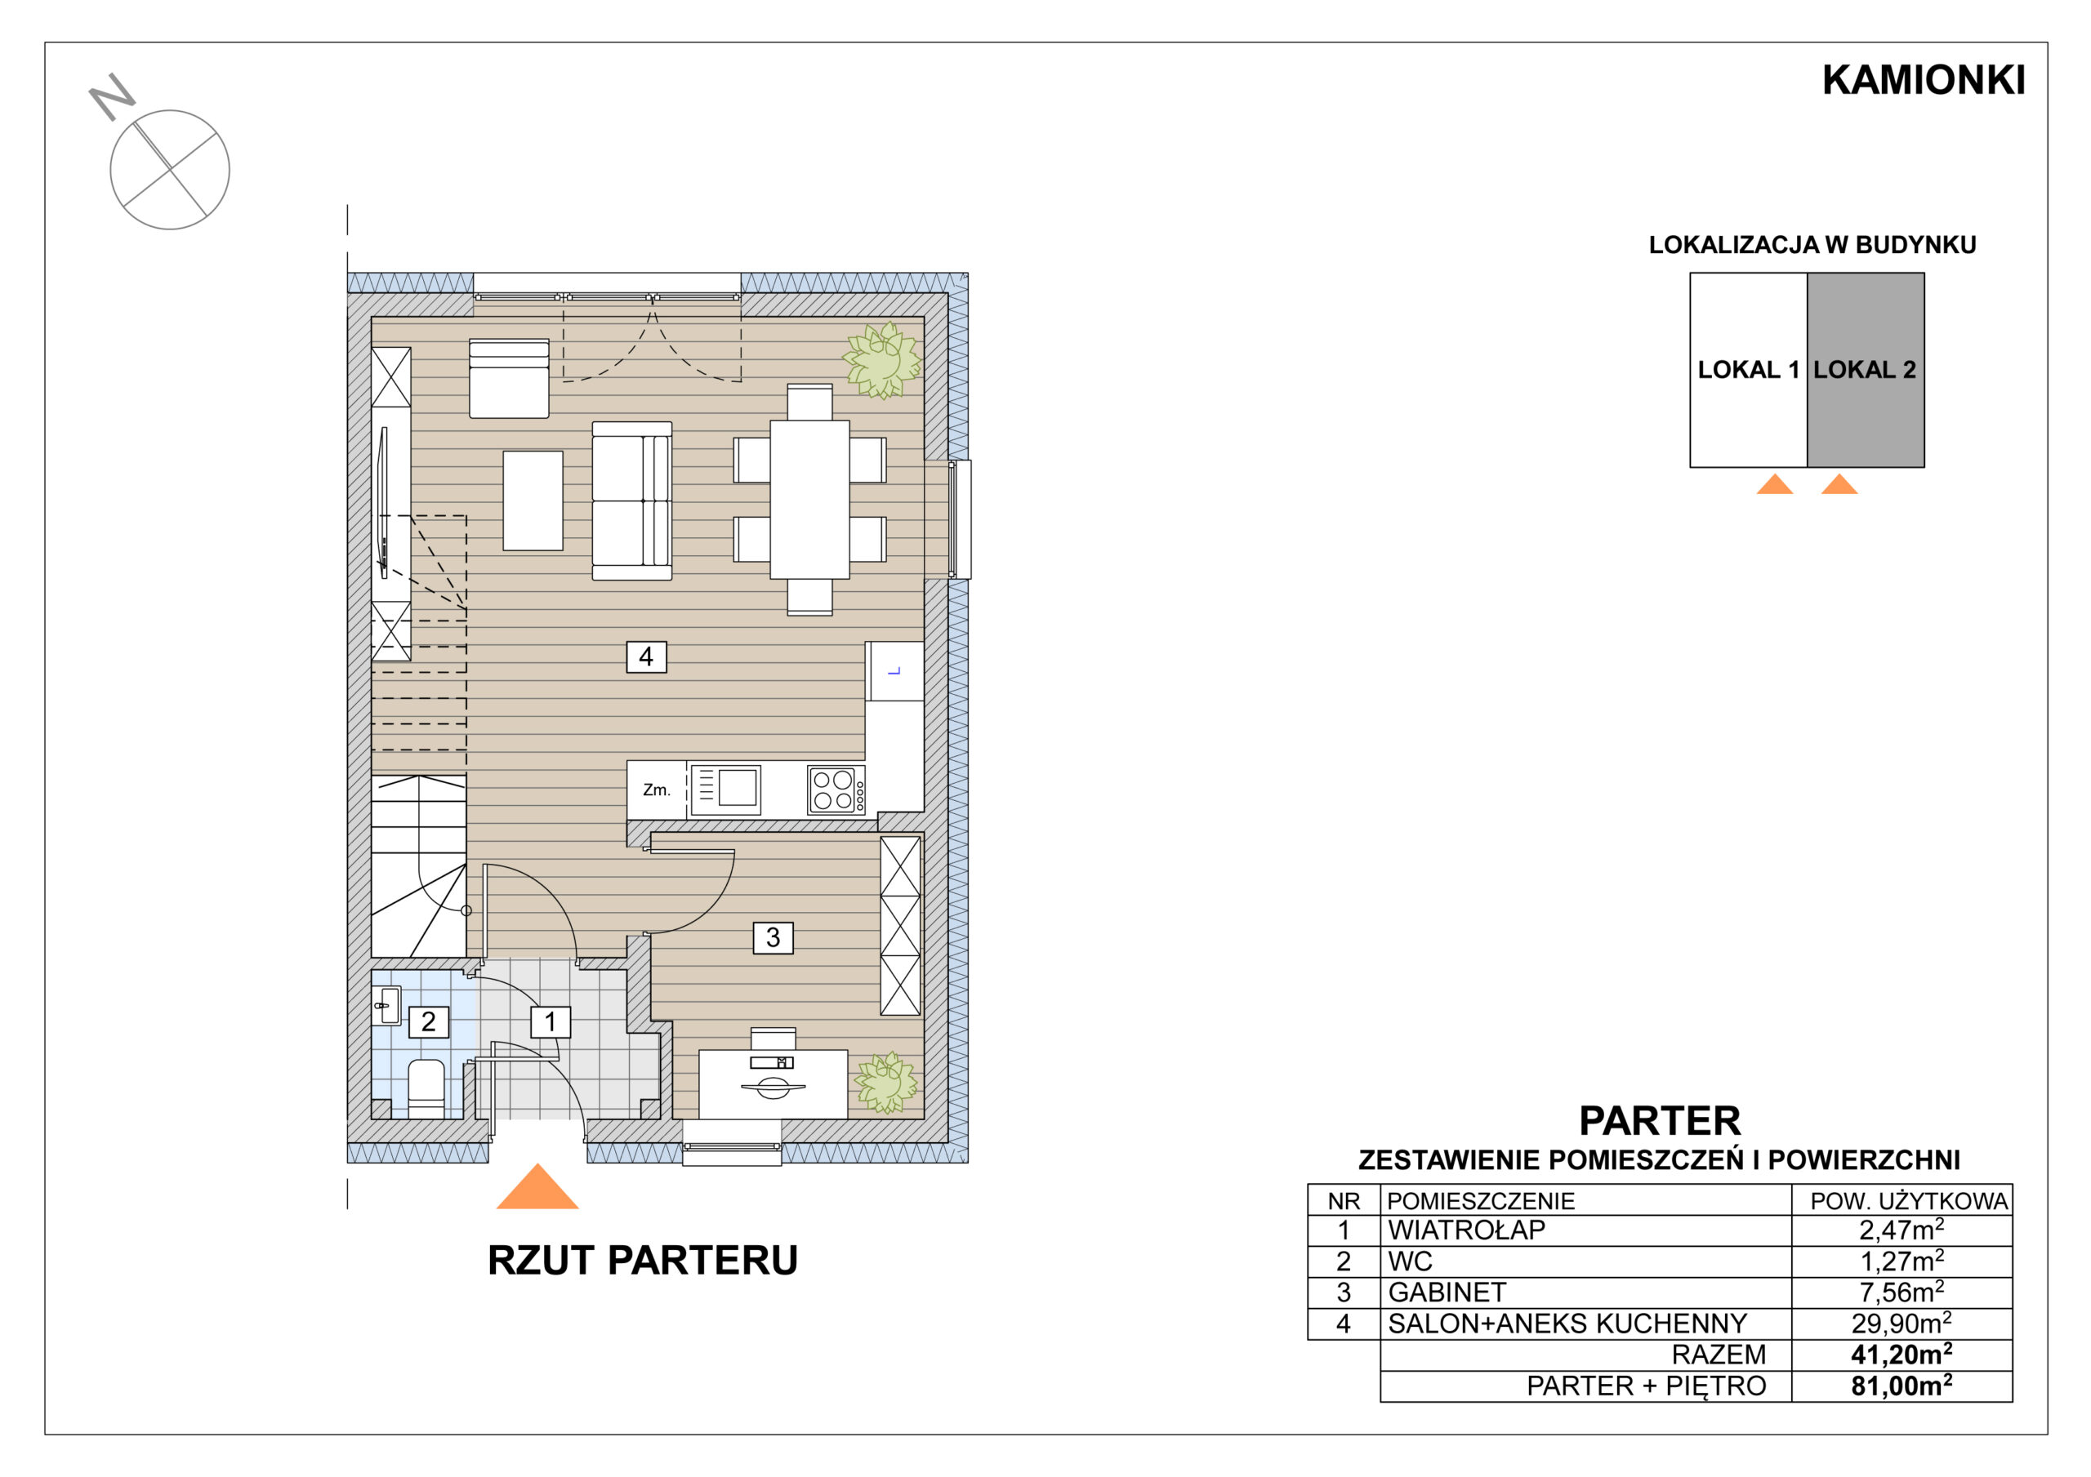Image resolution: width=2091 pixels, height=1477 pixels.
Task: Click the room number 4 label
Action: tap(646, 656)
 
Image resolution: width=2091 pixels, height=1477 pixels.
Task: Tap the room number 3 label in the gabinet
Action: tap(773, 937)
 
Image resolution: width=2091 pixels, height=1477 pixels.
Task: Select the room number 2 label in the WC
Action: tap(428, 1021)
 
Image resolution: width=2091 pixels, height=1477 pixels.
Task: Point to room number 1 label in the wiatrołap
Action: tap(550, 1021)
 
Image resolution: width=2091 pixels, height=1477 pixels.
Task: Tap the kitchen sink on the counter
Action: tap(726, 789)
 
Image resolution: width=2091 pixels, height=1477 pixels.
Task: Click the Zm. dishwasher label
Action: tap(656, 790)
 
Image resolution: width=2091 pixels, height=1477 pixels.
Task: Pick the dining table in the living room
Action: tap(809, 499)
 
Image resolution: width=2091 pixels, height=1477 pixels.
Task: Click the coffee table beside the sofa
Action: tap(533, 500)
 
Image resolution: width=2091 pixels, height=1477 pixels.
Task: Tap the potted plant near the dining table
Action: tap(881, 361)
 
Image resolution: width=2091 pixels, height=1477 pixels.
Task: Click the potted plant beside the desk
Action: tap(885, 1083)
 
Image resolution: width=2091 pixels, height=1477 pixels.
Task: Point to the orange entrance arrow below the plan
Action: tap(537, 1186)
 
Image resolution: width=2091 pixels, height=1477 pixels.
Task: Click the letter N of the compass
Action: tap(112, 96)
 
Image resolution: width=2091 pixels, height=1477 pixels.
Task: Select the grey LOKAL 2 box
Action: tap(1865, 370)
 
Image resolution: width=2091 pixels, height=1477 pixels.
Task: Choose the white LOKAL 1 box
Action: tap(1749, 370)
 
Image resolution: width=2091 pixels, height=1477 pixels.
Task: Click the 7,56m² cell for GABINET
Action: tap(1902, 1292)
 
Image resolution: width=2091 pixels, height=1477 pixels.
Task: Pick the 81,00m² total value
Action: tap(1902, 1385)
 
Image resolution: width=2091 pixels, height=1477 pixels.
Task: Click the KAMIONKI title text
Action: tap(1924, 80)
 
